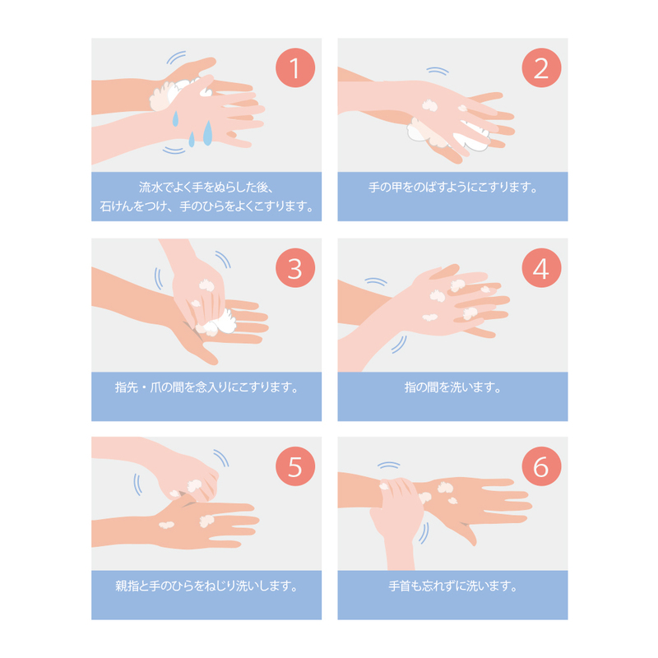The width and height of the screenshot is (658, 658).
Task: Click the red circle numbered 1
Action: tap(295, 67)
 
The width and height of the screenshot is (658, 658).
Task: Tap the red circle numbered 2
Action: tap(541, 67)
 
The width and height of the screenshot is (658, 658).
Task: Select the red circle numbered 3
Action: tap(295, 268)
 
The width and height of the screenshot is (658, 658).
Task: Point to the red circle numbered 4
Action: tap(541, 268)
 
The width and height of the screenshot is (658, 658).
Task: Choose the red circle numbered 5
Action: tap(295, 466)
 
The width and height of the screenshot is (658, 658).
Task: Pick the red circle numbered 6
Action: tap(541, 466)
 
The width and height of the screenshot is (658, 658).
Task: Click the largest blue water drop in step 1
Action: tap(208, 133)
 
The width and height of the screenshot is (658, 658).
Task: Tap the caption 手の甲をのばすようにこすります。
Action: tap(453, 188)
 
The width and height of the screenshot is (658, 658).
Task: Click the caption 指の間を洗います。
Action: tap(453, 387)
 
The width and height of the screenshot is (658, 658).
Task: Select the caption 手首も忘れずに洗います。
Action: tap(453, 586)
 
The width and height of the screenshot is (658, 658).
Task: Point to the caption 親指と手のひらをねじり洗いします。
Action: tap(206, 586)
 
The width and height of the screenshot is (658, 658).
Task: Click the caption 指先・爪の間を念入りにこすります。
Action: tap(206, 387)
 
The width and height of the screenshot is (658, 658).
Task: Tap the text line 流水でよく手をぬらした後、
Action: tap(206, 188)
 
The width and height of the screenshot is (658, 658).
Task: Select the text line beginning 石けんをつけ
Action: tap(206, 206)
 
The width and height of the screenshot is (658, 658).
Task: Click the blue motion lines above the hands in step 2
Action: tap(438, 70)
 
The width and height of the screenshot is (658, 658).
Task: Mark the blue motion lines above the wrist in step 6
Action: tap(388, 465)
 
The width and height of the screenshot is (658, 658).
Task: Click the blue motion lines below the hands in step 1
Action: tap(174, 151)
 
